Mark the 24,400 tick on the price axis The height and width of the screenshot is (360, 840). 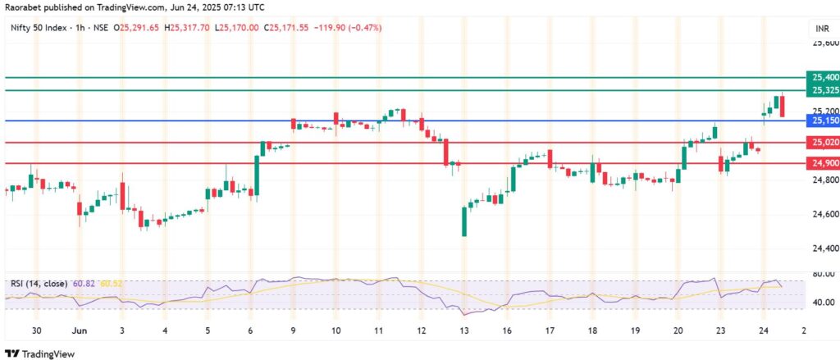tap(821, 248)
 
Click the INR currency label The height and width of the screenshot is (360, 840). tap(820, 28)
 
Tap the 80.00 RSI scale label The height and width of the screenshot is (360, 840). tap(820, 274)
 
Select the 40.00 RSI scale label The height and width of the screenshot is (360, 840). tap(820, 303)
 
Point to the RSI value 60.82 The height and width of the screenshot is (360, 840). tap(83, 284)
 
